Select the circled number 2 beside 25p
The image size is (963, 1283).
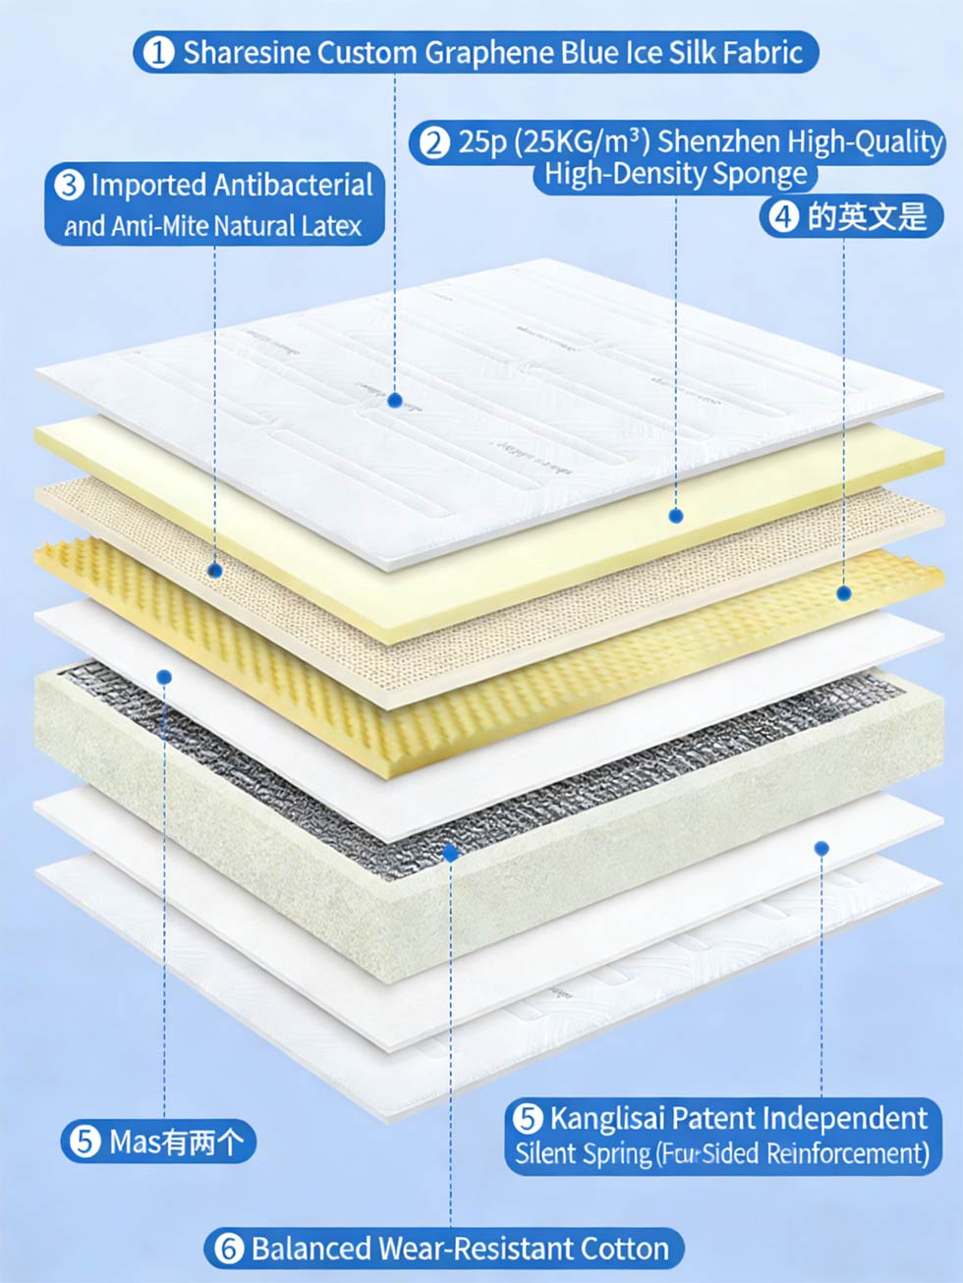433,142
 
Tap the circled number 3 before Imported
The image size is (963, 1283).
69,185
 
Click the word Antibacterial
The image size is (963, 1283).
293,185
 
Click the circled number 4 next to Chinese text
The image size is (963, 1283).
783,216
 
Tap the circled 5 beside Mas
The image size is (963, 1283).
85,1142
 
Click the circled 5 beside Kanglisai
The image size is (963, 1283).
528,1118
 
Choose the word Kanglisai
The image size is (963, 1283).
607,1118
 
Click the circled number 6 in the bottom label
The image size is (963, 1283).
228,1249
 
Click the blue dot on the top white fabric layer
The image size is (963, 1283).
395,400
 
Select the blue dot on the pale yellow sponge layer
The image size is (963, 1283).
675,516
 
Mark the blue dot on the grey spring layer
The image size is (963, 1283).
451,853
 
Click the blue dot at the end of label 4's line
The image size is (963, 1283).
843,592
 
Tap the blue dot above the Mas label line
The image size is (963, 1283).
164,677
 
